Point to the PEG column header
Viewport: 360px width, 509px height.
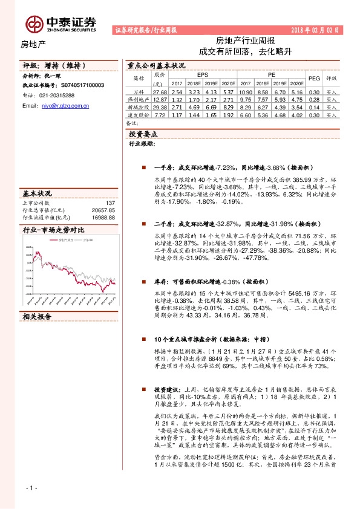[313, 78]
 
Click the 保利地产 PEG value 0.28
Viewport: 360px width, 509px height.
[313, 99]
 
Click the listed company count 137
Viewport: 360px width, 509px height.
[110, 203]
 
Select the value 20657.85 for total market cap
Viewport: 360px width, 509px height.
[102, 210]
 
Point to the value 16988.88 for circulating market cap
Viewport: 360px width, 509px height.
[102, 217]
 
